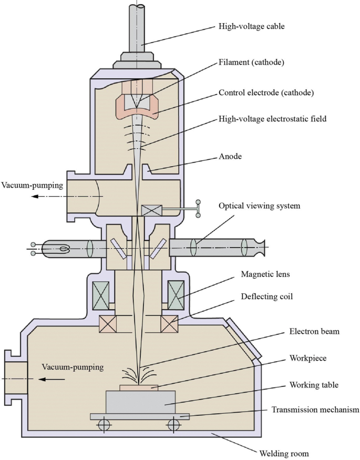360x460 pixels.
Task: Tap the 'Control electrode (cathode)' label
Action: pyautogui.click(x=266, y=93)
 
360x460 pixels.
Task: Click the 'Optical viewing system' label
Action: pyautogui.click(x=259, y=206)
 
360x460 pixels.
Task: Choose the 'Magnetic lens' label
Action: pyautogui.click(x=265, y=274)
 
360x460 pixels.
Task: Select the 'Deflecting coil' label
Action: pyautogui.click(x=266, y=297)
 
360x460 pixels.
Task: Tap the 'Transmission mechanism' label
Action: pyautogui.click(x=315, y=410)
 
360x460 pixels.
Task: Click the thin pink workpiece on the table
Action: pyautogui.click(x=139, y=388)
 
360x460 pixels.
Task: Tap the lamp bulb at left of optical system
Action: pyautogui.click(x=64, y=248)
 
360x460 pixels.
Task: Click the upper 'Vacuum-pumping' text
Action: pyautogui.click(x=32, y=185)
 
